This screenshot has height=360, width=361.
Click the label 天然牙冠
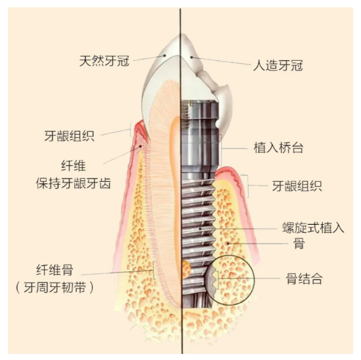(x=104, y=61)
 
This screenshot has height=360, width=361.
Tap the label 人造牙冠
(x=278, y=65)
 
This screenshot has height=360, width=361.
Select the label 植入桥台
(x=279, y=147)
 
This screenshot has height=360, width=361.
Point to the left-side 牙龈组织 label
(x=69, y=136)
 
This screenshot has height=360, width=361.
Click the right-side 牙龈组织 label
(x=297, y=186)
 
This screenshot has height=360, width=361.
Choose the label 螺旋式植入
(x=313, y=227)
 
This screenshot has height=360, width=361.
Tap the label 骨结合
(x=304, y=278)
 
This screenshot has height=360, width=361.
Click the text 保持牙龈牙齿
(x=73, y=183)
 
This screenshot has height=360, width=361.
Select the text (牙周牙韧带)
(x=55, y=288)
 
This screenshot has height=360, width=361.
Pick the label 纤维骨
(x=55, y=270)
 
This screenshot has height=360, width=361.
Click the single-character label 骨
(x=299, y=243)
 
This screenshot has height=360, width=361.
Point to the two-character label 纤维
(x=73, y=166)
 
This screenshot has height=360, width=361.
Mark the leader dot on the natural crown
(x=165, y=55)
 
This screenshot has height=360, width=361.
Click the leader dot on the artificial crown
(x=191, y=57)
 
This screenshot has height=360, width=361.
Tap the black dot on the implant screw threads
(x=200, y=229)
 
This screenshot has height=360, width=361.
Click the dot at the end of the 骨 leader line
(x=228, y=243)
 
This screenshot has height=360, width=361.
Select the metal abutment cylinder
(x=199, y=138)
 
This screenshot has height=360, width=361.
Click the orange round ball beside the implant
(x=186, y=268)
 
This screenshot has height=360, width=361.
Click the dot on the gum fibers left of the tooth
(x=140, y=146)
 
